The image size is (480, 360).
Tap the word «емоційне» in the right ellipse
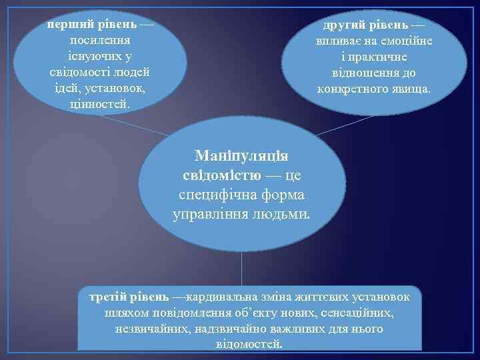(405, 41)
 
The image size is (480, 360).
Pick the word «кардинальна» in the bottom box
(227, 296)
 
